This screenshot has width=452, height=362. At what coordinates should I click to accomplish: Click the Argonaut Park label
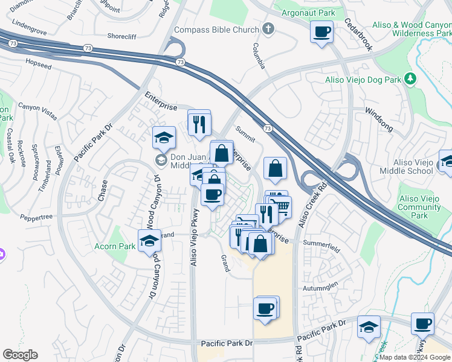[305, 12]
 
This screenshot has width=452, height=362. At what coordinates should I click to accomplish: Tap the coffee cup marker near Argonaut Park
[322, 31]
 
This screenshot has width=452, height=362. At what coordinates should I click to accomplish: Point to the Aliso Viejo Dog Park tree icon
[410, 79]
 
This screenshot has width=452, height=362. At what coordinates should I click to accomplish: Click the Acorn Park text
[115, 246]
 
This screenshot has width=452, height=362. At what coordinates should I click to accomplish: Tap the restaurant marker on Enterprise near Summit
[199, 124]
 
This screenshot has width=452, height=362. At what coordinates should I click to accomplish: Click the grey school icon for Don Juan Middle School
[161, 160]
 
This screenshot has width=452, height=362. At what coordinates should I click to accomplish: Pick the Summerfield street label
[321, 243]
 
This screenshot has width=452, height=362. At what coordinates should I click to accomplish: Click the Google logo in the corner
[20, 355]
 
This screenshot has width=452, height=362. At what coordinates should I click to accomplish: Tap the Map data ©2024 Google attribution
[415, 357]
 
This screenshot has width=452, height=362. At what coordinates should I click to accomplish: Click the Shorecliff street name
[123, 36]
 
